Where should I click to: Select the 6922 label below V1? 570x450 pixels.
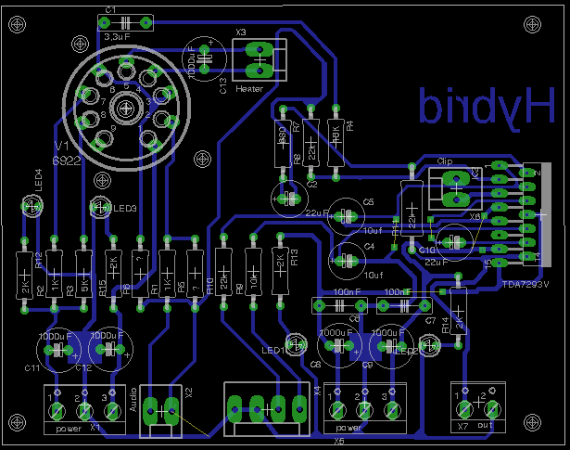(x=71, y=161)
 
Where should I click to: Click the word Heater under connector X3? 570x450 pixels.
(x=250, y=89)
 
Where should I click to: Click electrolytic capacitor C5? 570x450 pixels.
(x=348, y=214)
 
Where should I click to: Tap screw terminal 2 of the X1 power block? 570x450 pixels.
(x=84, y=409)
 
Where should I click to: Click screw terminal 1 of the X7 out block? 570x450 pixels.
(x=464, y=408)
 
